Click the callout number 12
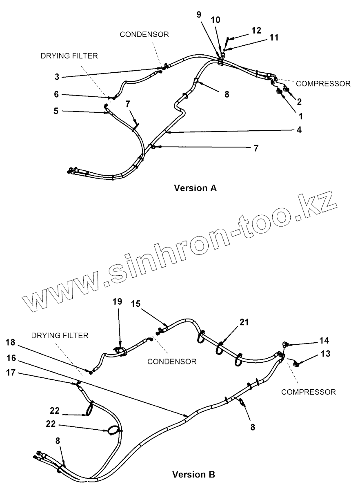(256, 30)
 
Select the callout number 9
(199, 15)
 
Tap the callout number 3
(57, 76)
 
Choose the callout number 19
(117, 302)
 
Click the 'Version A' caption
(195, 188)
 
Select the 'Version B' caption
(193, 475)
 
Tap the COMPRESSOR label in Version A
(323, 83)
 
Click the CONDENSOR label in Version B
(172, 361)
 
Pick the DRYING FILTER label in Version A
(69, 56)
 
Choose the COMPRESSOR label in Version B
(309, 392)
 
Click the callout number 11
(274, 38)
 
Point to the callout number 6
(57, 94)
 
